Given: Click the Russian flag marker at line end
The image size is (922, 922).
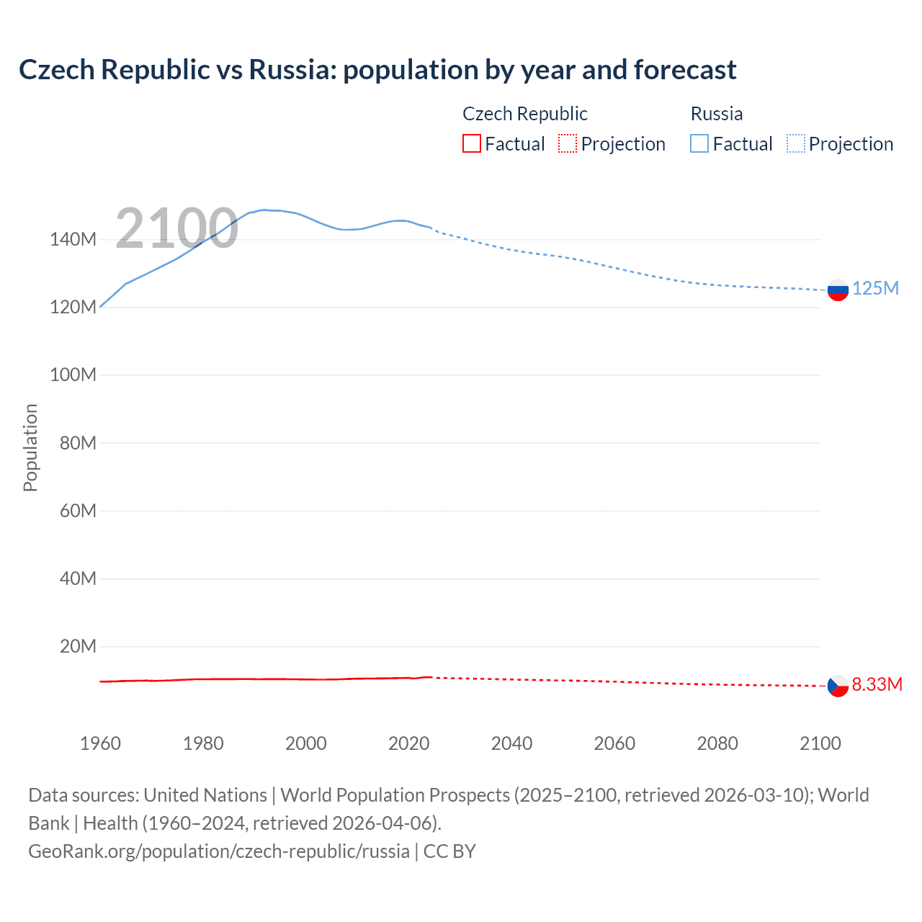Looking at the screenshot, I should pyautogui.click(x=838, y=290).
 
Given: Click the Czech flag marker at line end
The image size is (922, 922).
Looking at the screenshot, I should pyautogui.click(x=838, y=686).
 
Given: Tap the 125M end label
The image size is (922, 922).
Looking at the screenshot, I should pyautogui.click(x=875, y=288).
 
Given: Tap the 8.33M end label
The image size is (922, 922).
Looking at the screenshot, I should pyautogui.click(x=877, y=684).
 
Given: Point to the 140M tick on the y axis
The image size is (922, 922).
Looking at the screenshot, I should pyautogui.click(x=73, y=239).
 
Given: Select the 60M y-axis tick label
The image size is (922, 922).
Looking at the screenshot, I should pyautogui.click(x=77, y=511).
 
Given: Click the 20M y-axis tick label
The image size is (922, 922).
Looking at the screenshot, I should pyautogui.click(x=77, y=646).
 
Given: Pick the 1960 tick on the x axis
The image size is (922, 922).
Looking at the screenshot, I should pyautogui.click(x=100, y=743).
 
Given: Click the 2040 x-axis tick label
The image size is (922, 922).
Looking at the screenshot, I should pyautogui.click(x=511, y=743).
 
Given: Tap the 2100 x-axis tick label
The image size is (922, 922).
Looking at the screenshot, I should pyautogui.click(x=820, y=743).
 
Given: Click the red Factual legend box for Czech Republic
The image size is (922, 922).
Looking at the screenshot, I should pyautogui.click(x=472, y=144).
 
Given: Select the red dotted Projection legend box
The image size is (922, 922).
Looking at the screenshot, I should pyautogui.click(x=568, y=144).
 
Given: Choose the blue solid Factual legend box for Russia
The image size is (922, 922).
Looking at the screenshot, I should pyautogui.click(x=699, y=144).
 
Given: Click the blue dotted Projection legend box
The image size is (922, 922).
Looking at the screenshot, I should pyautogui.click(x=796, y=144).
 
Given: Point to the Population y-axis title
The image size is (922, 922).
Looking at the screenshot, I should pyautogui.click(x=30, y=447).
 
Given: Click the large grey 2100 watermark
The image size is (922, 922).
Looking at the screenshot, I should pyautogui.click(x=176, y=228).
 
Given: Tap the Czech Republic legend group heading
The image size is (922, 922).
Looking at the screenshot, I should pyautogui.click(x=524, y=114).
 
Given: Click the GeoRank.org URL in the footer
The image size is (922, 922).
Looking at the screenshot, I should pyautogui.click(x=218, y=851).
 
